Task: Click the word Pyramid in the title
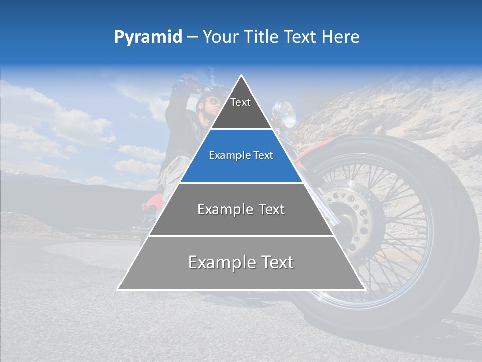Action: click(148, 37)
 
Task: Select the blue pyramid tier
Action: click(241, 156)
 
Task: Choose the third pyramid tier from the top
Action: click(241, 209)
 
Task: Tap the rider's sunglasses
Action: click(213, 102)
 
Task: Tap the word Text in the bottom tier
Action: click(274, 262)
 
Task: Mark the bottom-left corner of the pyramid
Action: click(118, 289)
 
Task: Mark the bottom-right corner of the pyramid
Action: click(365, 289)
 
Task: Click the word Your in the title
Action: click(220, 37)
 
